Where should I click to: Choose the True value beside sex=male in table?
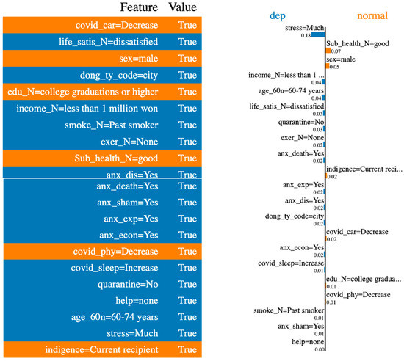point(187,59)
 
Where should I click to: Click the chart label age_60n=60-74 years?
point(292,92)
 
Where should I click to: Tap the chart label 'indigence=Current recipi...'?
point(364,169)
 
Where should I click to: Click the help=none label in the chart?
point(308,341)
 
